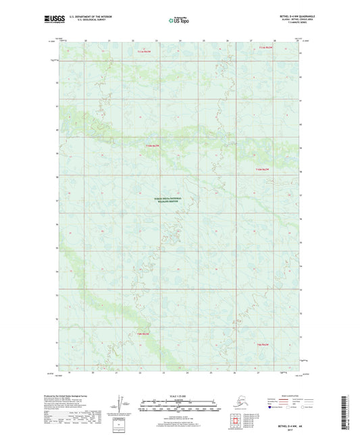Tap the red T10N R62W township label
pos(263,169)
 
